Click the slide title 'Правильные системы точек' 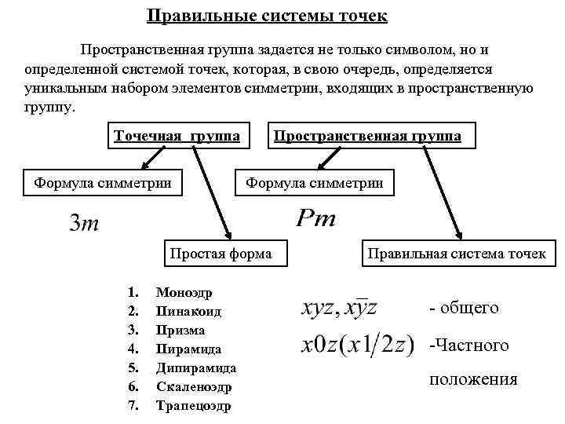[x=267, y=16]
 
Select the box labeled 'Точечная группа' [x=177, y=135]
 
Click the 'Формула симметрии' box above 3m [x=103, y=183]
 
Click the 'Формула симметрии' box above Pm [x=315, y=183]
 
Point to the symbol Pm [x=315, y=218]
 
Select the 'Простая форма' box [x=221, y=253]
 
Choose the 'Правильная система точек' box [x=456, y=253]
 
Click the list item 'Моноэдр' [x=179, y=293]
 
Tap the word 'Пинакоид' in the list [x=188, y=312]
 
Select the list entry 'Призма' [x=180, y=331]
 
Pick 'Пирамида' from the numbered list [x=188, y=349]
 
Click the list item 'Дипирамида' [x=196, y=368]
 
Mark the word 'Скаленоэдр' [x=195, y=387]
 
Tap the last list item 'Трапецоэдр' [x=194, y=406]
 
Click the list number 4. [x=133, y=349]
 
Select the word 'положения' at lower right [x=473, y=379]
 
